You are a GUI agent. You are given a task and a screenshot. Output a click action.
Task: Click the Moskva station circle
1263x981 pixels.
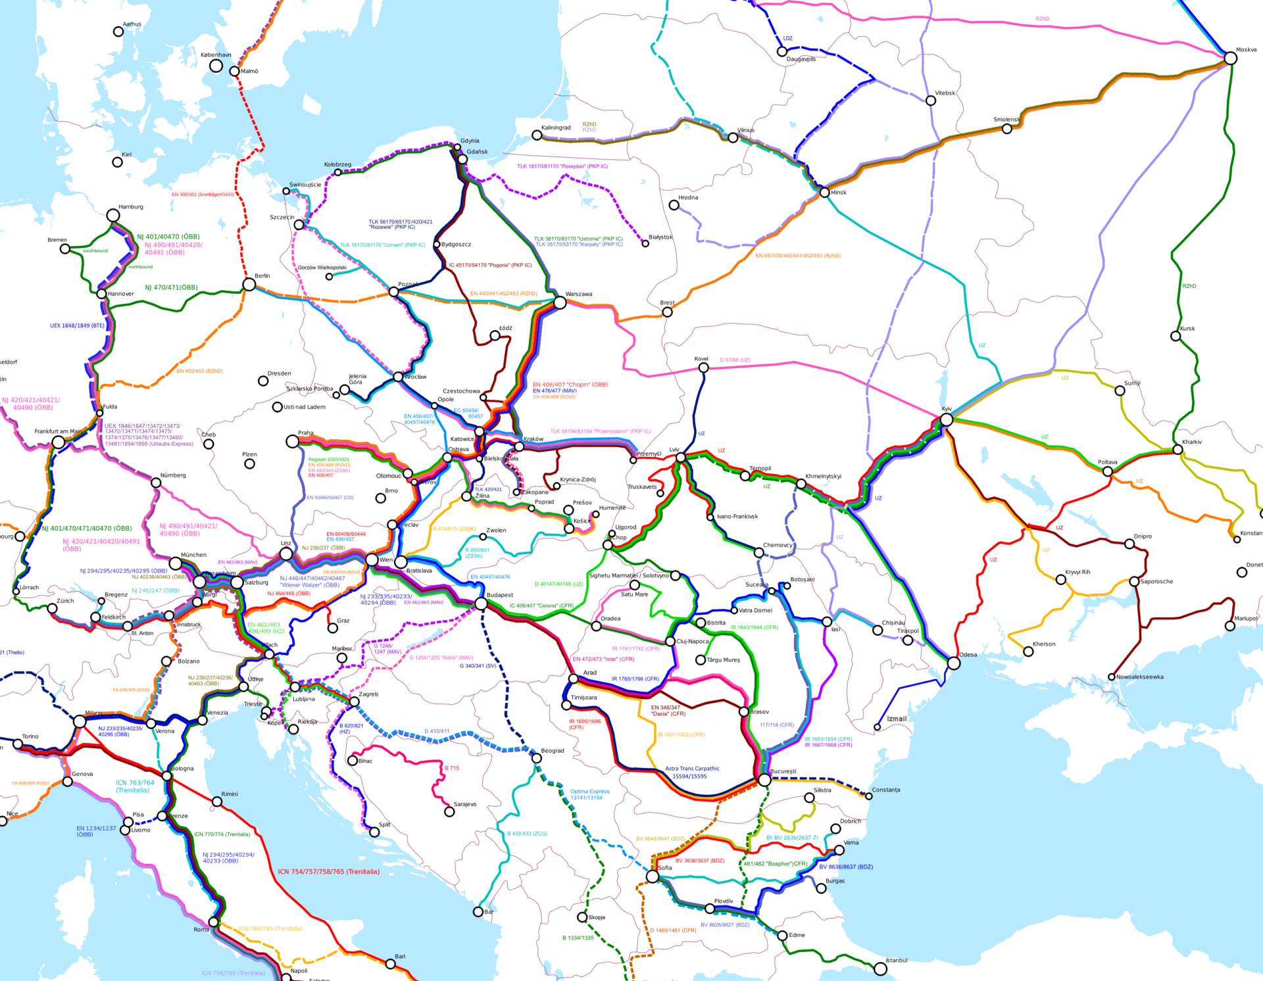tap(1230, 58)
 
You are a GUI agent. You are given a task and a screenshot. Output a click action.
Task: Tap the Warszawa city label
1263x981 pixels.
tap(578, 294)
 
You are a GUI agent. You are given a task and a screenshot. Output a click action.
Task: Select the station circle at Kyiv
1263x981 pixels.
tap(946, 419)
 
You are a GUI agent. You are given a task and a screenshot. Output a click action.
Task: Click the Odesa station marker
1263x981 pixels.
tap(953, 663)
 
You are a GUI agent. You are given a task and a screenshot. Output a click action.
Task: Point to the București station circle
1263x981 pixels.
tap(764, 780)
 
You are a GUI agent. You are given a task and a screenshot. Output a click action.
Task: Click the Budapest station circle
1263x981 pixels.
tap(482, 604)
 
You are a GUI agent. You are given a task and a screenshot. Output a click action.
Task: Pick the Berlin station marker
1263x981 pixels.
tap(249, 285)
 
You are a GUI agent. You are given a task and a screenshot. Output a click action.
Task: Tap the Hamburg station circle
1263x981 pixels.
tap(113, 215)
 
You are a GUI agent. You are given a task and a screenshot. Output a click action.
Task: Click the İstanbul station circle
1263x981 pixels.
tap(880, 969)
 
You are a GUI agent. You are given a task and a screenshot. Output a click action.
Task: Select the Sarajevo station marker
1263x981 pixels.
tap(449, 812)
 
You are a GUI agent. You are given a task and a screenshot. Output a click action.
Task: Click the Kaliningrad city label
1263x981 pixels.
tap(556, 128)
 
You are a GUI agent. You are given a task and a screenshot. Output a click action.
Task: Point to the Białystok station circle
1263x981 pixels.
tap(645, 243)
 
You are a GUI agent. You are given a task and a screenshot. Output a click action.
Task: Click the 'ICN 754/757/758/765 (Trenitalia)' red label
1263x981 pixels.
tap(328, 872)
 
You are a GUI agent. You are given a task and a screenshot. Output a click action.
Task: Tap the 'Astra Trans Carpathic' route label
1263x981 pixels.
tap(692, 769)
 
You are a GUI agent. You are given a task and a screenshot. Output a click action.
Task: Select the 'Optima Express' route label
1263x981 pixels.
tap(589, 792)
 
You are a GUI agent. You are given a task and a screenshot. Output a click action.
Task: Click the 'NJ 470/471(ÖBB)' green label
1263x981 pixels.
tap(171, 287)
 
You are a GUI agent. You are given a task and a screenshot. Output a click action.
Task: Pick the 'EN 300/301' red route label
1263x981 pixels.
tap(203, 195)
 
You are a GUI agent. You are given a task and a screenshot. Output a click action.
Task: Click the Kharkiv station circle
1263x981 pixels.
tap(1177, 450)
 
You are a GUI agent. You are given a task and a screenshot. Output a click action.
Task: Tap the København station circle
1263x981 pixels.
tap(216, 66)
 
